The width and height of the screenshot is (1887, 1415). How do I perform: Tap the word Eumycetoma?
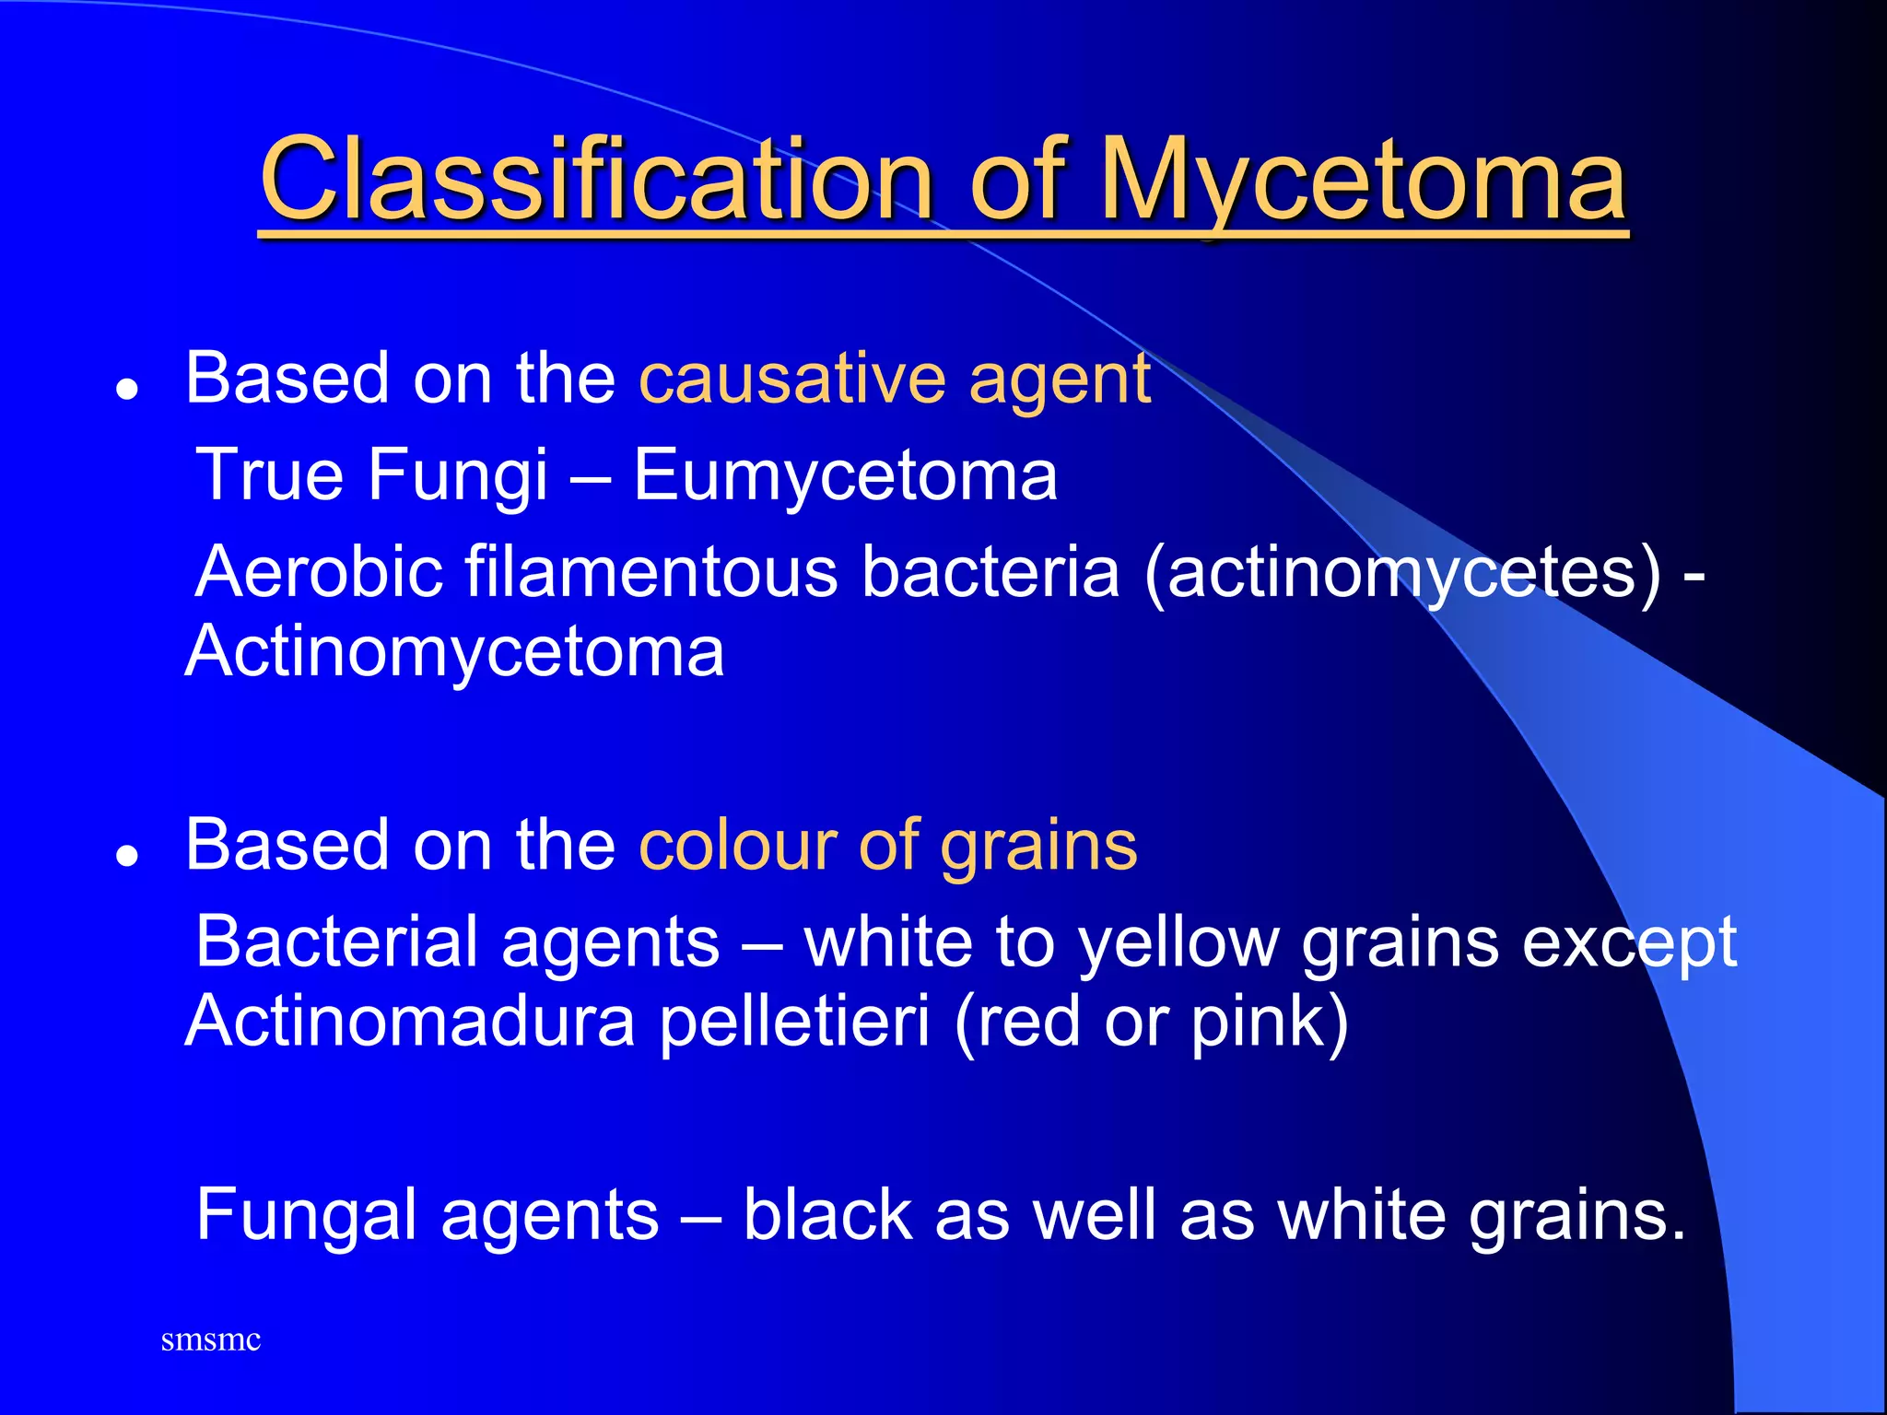845,475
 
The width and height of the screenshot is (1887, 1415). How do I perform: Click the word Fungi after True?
458,475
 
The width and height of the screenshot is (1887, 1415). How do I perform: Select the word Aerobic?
319,572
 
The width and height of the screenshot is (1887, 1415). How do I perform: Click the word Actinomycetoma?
454,652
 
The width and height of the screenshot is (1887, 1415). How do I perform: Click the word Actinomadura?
409,1022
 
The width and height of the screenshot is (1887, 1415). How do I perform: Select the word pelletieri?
794,1022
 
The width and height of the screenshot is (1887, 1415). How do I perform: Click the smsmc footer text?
210,1339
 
